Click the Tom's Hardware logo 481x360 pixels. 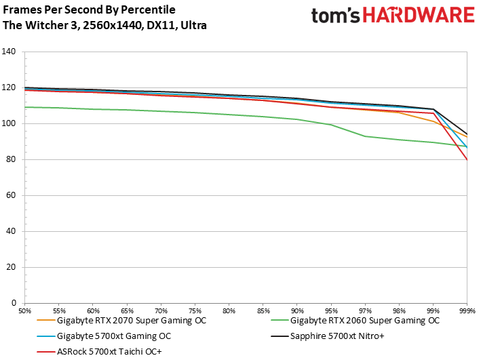tap(393, 16)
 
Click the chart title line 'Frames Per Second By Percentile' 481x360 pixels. tap(90, 9)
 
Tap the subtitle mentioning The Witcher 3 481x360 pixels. tap(104, 25)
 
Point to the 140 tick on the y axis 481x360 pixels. tap(9, 52)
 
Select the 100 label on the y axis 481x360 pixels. tap(9, 123)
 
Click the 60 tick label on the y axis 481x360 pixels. tap(11, 195)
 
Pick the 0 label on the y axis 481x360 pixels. tap(14, 303)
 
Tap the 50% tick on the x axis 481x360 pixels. tap(25, 311)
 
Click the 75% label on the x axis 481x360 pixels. tap(195, 311)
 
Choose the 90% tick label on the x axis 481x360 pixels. tap(297, 311)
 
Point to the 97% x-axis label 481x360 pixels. tap(365, 311)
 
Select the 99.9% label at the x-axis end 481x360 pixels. tap(467, 311)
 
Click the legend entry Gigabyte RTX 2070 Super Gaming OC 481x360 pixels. tap(122, 321)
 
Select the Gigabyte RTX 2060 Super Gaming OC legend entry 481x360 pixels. tap(355, 321)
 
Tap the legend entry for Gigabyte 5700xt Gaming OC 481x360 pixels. tap(104, 336)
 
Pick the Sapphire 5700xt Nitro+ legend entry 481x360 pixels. tap(328, 336)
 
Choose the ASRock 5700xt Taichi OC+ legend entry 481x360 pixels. tap(99, 351)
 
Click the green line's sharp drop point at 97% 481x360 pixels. tap(365, 136)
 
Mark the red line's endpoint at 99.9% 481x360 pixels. tap(467, 160)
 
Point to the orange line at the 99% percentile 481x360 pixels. tap(433, 121)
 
